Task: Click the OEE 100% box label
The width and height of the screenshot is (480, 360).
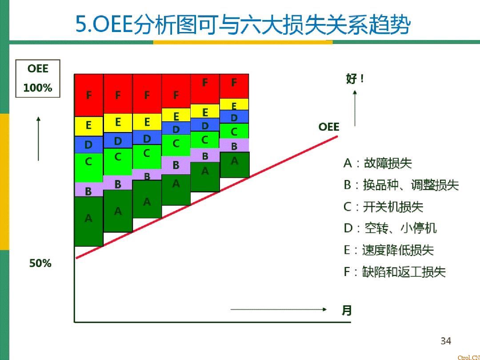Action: (37, 79)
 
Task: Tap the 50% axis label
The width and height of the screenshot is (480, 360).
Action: (40, 263)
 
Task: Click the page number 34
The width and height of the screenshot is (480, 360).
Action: (445, 341)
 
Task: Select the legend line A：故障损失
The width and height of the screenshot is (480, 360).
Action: (377, 163)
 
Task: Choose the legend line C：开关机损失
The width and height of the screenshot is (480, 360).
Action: (383, 207)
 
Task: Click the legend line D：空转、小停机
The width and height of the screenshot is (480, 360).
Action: (390, 228)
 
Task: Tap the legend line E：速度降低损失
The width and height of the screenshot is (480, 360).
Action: (388, 250)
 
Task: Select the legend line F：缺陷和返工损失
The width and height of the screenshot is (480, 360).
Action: (394, 272)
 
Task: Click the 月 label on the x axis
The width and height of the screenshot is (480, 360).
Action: (347, 310)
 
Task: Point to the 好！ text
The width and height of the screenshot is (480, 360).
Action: (355, 79)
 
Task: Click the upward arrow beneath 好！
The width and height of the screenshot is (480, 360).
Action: (355, 108)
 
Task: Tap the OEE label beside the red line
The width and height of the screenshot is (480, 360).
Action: (329, 127)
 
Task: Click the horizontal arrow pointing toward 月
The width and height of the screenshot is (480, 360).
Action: (279, 309)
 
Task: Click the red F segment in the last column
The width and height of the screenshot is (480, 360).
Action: (234, 86)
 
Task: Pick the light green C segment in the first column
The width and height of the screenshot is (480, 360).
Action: (88, 167)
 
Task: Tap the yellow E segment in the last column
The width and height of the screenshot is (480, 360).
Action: (234, 104)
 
